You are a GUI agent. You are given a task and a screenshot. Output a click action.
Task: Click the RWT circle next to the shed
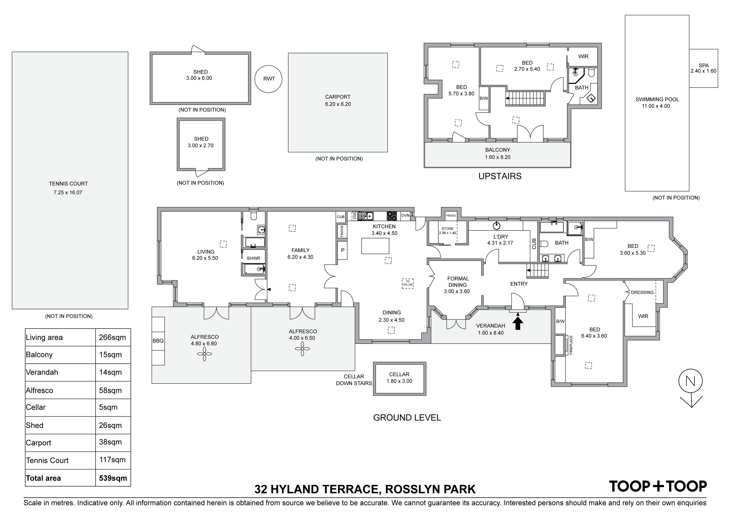pos(268,79)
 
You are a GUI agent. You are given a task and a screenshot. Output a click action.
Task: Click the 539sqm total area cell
pos(113,478)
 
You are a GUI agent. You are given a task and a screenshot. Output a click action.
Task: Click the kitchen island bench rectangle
pos(375,246)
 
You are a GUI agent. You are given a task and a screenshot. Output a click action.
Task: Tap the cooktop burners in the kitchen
pos(392,216)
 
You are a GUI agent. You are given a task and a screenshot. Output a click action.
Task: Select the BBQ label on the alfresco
pos(158,341)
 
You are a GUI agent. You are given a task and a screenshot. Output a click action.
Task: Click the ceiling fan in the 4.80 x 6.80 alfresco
pos(204,354)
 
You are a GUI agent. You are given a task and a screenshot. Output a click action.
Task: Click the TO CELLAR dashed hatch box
pos(408,283)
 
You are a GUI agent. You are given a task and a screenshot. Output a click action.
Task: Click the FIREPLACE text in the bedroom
pos(571,345)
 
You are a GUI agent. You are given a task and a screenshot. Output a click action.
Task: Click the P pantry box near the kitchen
pos(343,250)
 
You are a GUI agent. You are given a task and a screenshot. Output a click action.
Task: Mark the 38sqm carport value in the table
pos(110,442)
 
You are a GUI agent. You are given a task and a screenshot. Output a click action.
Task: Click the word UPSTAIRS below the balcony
pos(500,176)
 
